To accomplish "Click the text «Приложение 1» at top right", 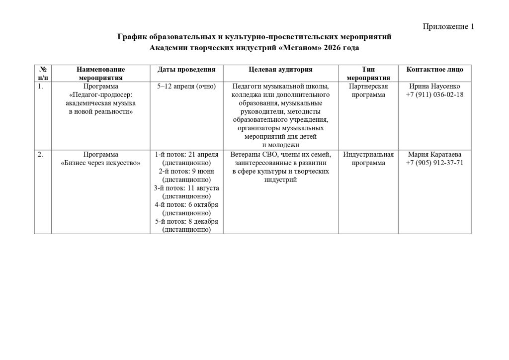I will pos(448,26).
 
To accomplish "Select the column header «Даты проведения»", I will pos(186,70).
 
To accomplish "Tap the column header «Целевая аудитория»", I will pos(280,70).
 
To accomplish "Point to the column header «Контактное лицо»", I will pos(434,70).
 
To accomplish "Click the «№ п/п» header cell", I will pos(43,74).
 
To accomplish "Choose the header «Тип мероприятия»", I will pos(368,74).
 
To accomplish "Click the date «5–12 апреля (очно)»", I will pos(186,86).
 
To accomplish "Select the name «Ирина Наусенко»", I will pos(434,86).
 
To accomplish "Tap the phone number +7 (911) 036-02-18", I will pos(434,94).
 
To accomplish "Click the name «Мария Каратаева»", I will pos(434,154).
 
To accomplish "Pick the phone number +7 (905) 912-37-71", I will pos(434,163).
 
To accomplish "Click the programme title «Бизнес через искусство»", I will pos(101,163).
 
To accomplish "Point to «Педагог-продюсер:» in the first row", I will pos(101,94).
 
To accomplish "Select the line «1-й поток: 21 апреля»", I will pos(186,154).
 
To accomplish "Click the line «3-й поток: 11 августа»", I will pos(186,188).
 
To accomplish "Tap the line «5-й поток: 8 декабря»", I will pos(186,221).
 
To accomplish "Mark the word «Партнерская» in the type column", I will pos(368,86).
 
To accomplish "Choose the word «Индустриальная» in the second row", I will pos(368,154).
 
